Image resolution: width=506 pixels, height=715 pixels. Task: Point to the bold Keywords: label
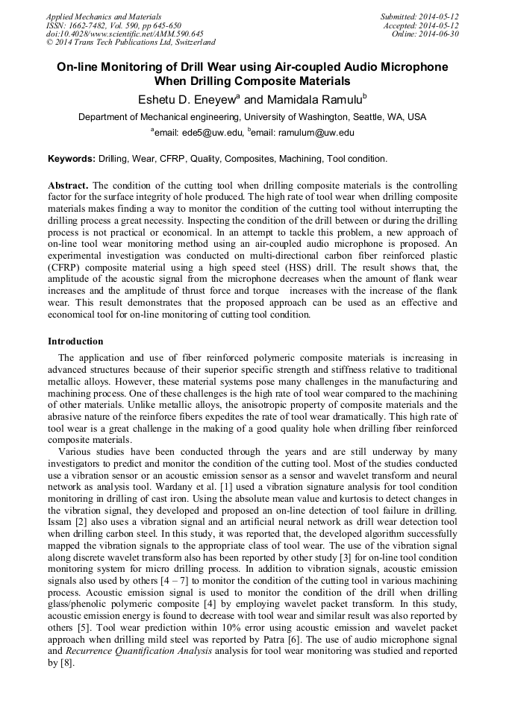(x=72, y=159)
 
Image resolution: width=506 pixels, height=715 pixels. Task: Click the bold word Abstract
(x=68, y=185)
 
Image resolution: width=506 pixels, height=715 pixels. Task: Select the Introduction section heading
(x=75, y=341)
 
